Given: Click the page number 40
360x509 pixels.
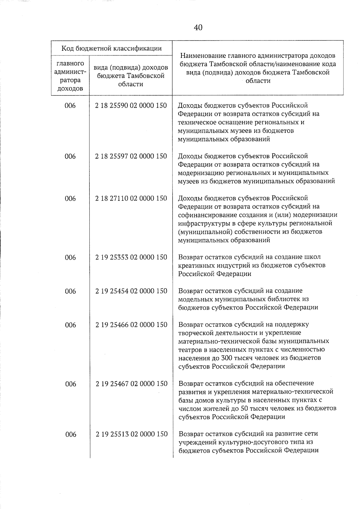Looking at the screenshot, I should [198, 28].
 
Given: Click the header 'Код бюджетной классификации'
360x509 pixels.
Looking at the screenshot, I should [112, 48].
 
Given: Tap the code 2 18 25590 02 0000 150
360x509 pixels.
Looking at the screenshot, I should [131, 106].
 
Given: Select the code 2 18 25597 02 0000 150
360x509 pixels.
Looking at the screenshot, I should [131, 156].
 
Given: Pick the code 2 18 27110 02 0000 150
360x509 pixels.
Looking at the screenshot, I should [131, 198].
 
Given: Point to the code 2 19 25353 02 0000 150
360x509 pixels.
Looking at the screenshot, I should [131, 257].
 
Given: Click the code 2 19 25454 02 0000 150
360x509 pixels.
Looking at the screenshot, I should [131, 291].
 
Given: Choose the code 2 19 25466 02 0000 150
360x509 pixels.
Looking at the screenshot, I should [131, 325].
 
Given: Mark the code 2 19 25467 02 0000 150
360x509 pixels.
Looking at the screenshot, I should [131, 384].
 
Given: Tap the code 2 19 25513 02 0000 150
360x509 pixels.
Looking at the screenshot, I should [131, 434].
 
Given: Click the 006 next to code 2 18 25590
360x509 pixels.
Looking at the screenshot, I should [70, 106].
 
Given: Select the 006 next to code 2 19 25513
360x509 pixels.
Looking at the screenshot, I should [70, 434].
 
